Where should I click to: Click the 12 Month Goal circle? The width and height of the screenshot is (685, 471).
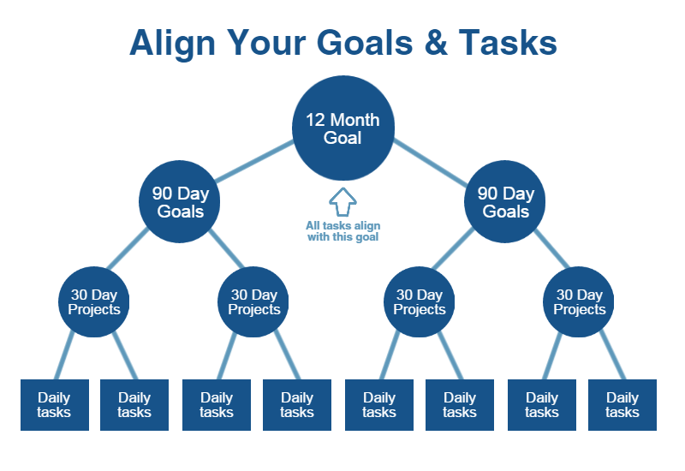[342, 128]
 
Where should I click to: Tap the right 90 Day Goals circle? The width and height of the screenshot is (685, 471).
[506, 202]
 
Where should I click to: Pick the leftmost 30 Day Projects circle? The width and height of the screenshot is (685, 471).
[94, 302]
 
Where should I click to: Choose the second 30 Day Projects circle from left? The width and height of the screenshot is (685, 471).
[254, 302]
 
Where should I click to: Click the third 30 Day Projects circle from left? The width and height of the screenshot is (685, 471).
[420, 302]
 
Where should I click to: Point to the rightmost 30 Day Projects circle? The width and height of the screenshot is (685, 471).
[580, 302]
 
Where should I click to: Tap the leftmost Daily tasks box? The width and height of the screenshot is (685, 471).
[54, 404]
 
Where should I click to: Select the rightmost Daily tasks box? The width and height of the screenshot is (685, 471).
[622, 404]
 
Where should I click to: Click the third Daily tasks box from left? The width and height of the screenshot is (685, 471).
[217, 404]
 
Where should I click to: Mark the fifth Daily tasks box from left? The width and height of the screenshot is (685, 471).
[379, 404]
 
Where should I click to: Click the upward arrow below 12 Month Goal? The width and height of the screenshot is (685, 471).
[342, 202]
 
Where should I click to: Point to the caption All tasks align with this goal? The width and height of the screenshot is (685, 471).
[342, 231]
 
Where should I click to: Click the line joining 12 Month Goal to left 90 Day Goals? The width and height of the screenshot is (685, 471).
[254, 163]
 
